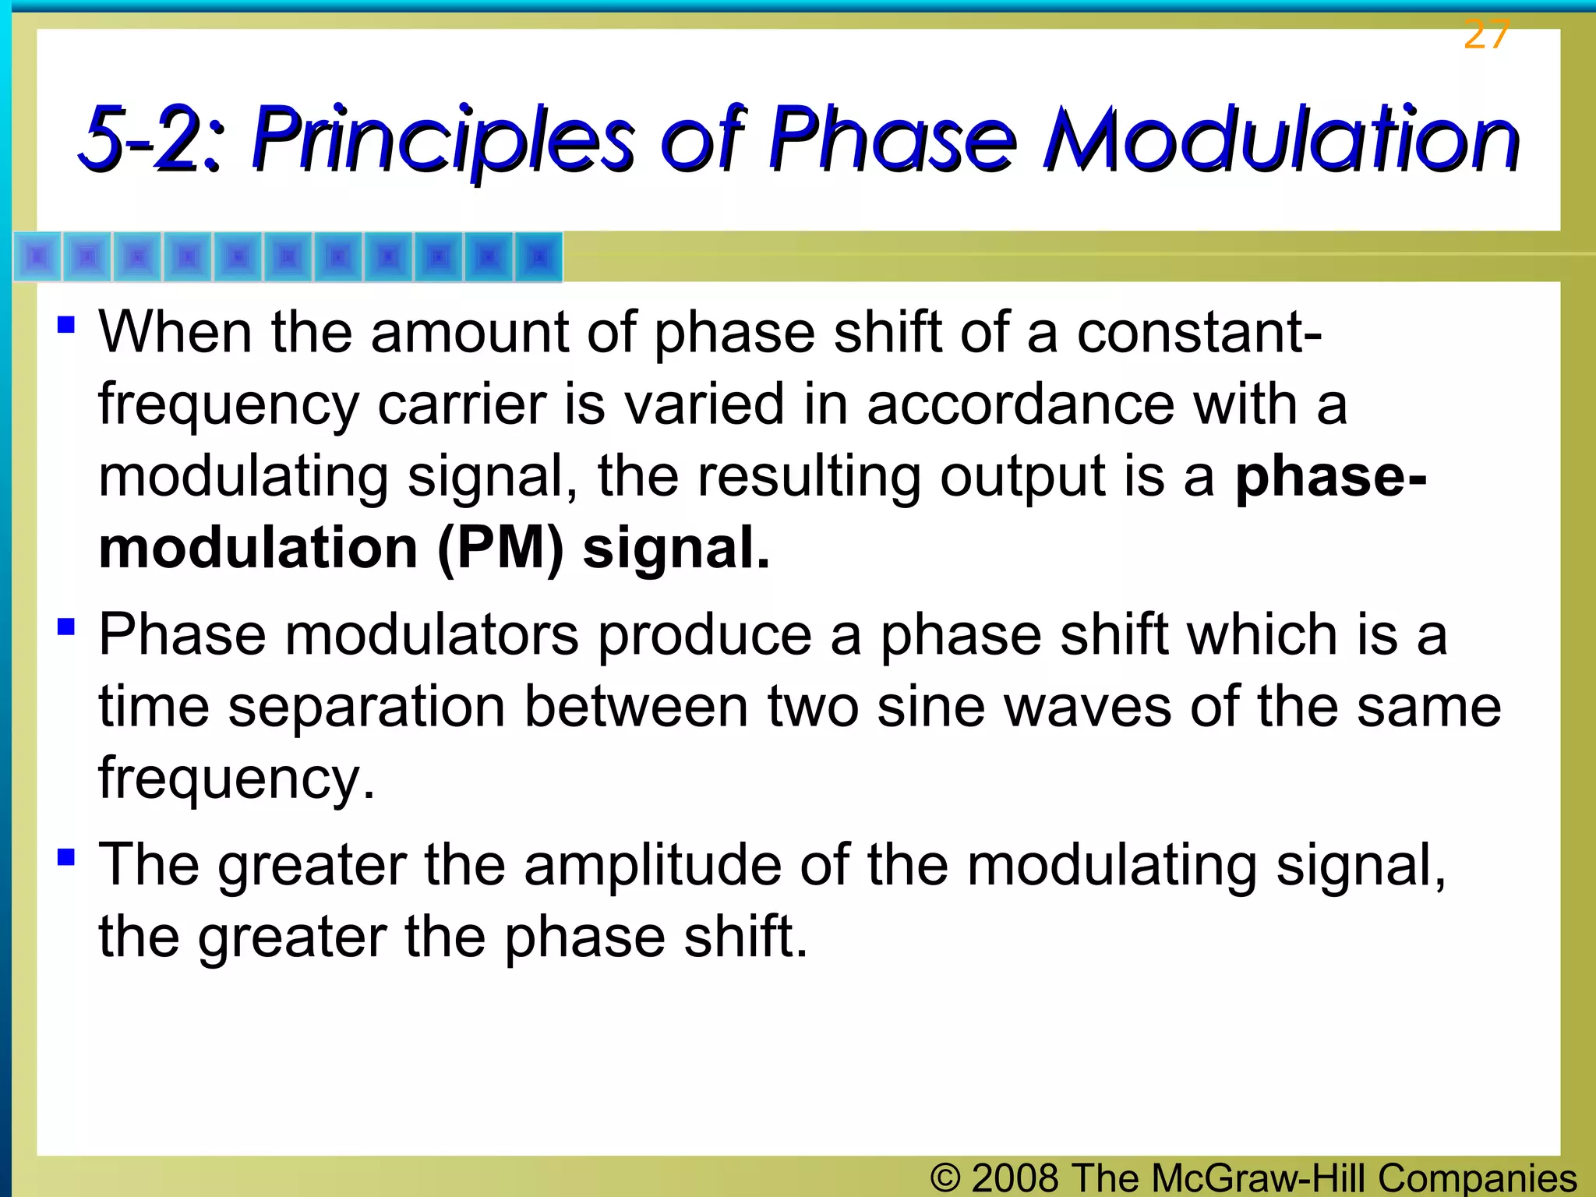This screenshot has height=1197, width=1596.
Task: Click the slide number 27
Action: pos(1486,34)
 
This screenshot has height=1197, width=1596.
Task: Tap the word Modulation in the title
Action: pos(1281,140)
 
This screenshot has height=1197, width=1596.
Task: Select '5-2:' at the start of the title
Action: pos(153,140)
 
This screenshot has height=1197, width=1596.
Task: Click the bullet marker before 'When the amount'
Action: pos(66,323)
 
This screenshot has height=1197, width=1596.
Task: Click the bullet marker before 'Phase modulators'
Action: pos(66,626)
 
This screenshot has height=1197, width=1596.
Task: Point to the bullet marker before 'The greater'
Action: pos(66,856)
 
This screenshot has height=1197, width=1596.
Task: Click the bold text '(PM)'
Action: pos(500,549)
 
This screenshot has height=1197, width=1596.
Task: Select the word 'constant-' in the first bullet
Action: pos(1199,333)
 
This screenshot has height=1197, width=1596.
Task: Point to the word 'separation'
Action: pos(366,707)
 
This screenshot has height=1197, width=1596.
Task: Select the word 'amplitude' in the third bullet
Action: pos(653,866)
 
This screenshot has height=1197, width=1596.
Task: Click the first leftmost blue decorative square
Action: pos(38,256)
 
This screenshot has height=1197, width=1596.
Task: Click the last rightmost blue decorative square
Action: pos(538,256)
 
